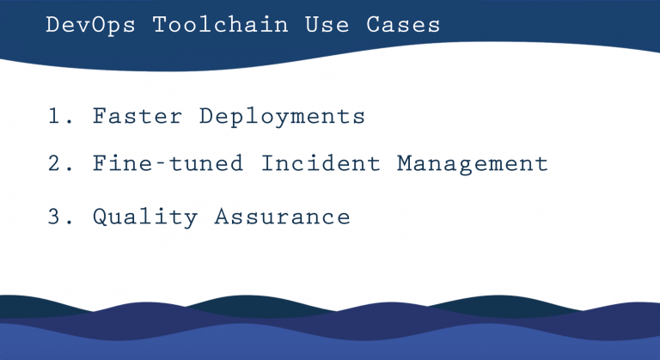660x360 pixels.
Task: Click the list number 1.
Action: pos(58,117)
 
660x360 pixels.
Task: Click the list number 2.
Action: pos(58,163)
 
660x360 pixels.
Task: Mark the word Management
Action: pos(472,164)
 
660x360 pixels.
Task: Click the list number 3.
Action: pos(58,217)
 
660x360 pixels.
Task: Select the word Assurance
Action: pos(282,217)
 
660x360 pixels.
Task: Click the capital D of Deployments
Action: pos(206,117)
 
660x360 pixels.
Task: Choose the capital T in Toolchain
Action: pos(160,25)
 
